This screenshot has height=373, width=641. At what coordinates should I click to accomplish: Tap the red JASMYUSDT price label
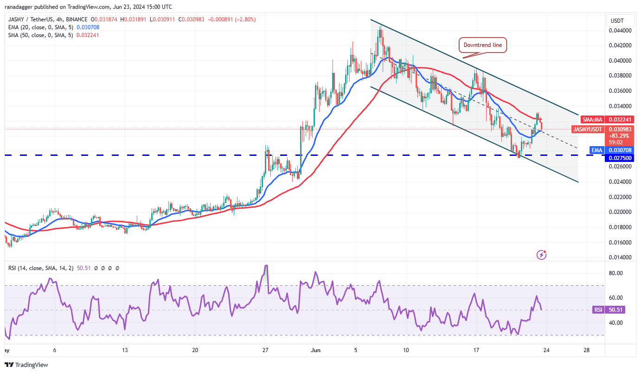pyautogui.click(x=587, y=129)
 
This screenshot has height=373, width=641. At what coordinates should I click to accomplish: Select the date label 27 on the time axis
pyautogui.click(x=265, y=350)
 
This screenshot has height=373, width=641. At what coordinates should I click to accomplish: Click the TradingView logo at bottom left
pyautogui.click(x=26, y=365)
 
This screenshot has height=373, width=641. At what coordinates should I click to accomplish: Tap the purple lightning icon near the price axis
pyautogui.click(x=541, y=254)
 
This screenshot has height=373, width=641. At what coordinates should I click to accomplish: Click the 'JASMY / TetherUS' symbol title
pyautogui.click(x=32, y=19)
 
